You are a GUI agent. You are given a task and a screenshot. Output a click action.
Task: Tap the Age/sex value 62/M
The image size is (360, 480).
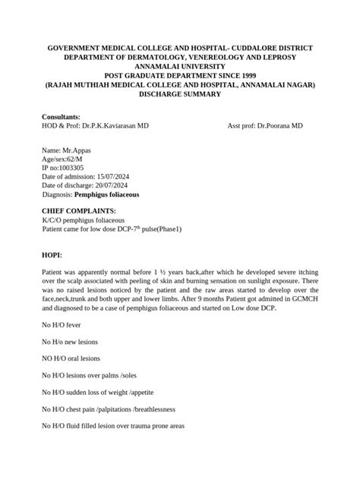(76, 161)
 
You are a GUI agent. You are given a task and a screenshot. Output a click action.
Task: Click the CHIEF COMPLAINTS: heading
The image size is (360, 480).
(79, 210)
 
